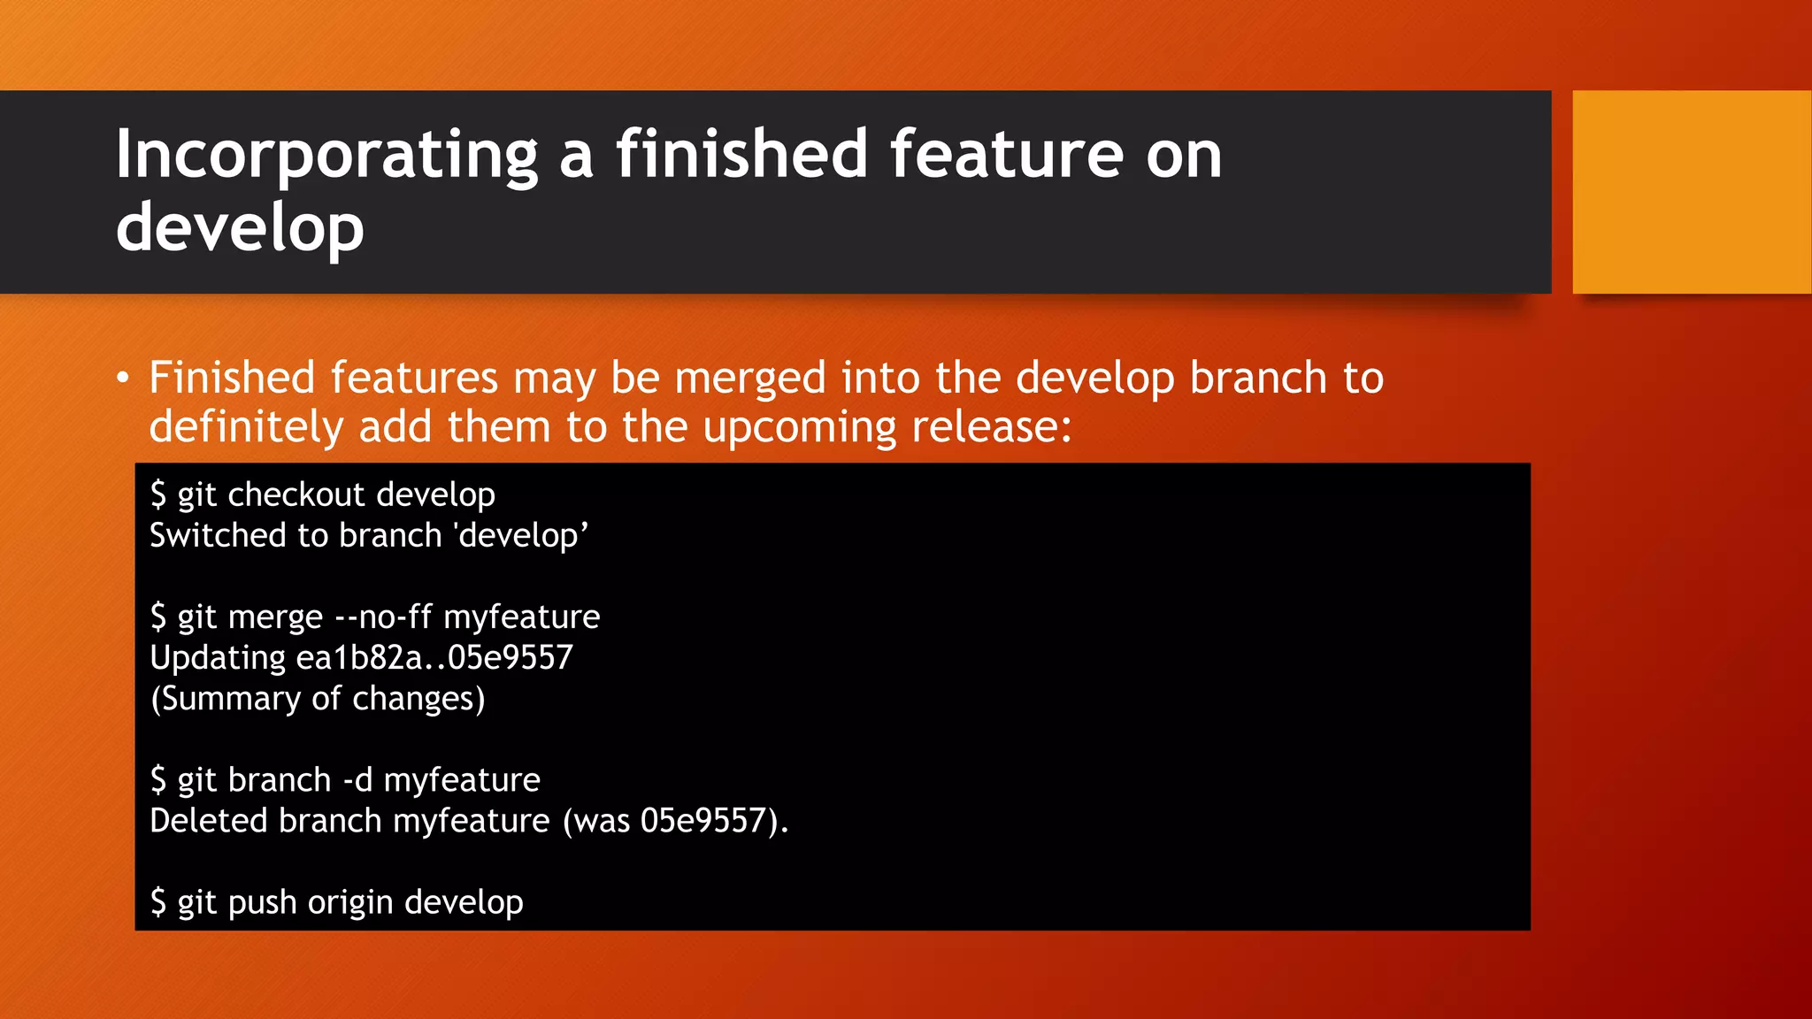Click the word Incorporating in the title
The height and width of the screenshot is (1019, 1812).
click(x=326, y=156)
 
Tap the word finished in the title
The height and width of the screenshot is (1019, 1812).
click(x=741, y=154)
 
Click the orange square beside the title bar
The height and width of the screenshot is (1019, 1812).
click(x=1691, y=192)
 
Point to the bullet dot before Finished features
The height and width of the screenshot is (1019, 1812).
click(x=123, y=379)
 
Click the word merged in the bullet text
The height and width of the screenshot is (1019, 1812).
click(x=750, y=379)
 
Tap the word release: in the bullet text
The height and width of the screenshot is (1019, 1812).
click(x=992, y=427)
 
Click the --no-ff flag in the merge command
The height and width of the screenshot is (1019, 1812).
click(x=383, y=617)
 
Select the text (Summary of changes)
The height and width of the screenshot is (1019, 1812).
click(x=318, y=699)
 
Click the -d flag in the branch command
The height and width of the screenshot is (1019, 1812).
click(x=357, y=780)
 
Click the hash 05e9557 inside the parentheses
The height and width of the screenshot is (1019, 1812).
click(x=703, y=821)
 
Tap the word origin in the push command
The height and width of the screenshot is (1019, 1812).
click(x=350, y=903)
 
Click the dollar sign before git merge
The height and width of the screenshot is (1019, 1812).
click(x=158, y=617)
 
